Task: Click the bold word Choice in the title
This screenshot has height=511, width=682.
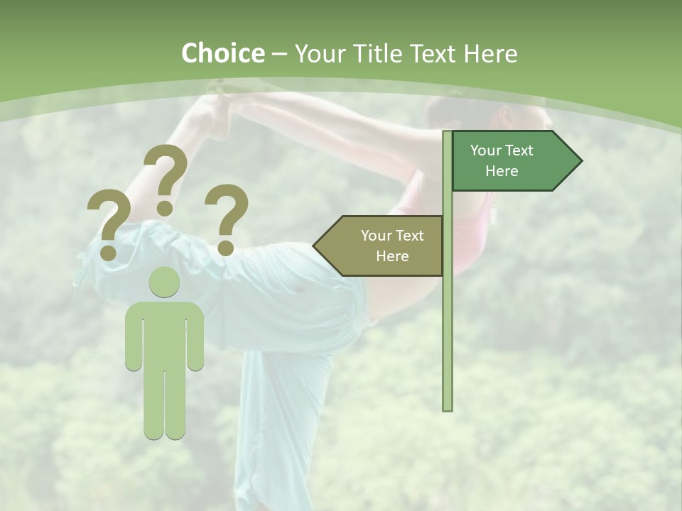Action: pyautogui.click(x=222, y=53)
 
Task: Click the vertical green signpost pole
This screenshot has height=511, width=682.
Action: pyautogui.click(x=448, y=319)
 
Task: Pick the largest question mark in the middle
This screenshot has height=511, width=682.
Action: pyautogui.click(x=166, y=177)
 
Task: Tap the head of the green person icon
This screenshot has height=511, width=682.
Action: pyautogui.click(x=164, y=282)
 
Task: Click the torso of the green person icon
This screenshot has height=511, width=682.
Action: pyautogui.click(x=164, y=334)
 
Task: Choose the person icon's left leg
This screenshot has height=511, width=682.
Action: pyautogui.click(x=154, y=401)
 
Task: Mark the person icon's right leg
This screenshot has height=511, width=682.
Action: pyautogui.click(x=175, y=401)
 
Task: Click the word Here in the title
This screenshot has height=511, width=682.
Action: pyautogui.click(x=490, y=53)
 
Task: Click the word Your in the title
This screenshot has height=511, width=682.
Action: pyautogui.click(x=318, y=53)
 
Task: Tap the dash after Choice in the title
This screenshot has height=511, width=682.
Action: pyautogui.click(x=279, y=55)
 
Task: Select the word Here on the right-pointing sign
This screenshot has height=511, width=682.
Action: pyautogui.click(x=502, y=171)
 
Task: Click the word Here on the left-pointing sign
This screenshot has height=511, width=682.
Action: pyautogui.click(x=392, y=256)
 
